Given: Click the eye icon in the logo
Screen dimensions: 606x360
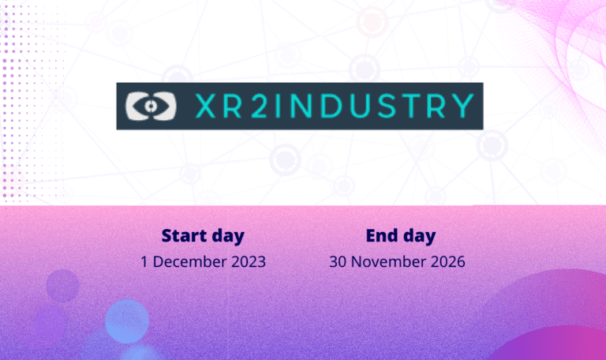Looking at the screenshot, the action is click(x=151, y=106).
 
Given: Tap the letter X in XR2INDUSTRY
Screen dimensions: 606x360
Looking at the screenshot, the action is click(x=206, y=106).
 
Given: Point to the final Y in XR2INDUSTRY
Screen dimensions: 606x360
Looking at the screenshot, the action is click(x=463, y=106).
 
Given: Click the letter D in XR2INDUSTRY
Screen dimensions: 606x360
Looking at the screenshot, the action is click(x=331, y=106).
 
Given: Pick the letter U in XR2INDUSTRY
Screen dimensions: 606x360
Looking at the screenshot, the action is click(x=360, y=106).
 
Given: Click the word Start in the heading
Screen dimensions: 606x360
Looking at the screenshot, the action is click(x=184, y=235).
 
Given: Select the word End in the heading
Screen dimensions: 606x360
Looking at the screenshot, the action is click(x=382, y=235).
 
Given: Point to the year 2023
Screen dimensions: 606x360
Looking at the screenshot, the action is click(x=249, y=262).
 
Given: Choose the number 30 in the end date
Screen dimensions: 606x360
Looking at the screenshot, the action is click(x=338, y=262).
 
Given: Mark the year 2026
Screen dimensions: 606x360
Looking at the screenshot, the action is click(x=448, y=262).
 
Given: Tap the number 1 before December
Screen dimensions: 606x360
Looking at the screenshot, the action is click(x=144, y=262).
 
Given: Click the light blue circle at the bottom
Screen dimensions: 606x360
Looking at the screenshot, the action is click(x=127, y=321).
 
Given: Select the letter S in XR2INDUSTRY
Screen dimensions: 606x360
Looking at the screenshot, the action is click(x=387, y=106).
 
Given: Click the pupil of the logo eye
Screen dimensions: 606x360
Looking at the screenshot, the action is click(x=151, y=106).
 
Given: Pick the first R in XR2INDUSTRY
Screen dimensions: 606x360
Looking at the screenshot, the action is click(x=233, y=106).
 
